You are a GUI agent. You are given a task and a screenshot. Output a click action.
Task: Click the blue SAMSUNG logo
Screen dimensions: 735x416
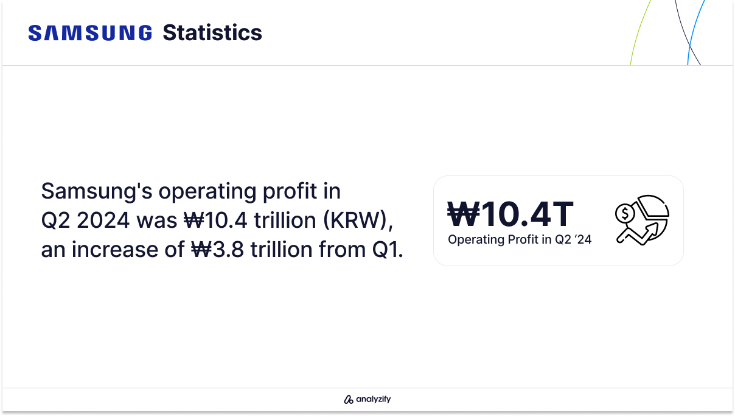(x=90, y=33)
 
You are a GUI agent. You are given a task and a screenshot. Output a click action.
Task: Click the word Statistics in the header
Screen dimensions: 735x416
(x=212, y=33)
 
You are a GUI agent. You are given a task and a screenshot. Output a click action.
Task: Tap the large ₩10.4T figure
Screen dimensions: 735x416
(x=510, y=214)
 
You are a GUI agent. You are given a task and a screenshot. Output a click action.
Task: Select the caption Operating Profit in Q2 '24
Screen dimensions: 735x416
(x=520, y=239)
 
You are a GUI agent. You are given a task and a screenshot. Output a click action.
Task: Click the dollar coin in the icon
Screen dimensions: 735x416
(x=625, y=214)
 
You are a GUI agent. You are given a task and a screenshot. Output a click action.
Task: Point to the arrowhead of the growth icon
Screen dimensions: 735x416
(x=653, y=230)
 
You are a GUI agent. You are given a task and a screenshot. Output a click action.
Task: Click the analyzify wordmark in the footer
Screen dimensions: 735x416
(x=374, y=399)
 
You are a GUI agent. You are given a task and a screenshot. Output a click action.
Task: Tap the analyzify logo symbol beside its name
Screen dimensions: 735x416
(x=349, y=400)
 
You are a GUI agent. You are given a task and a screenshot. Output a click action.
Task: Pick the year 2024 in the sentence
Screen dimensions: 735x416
(x=103, y=220)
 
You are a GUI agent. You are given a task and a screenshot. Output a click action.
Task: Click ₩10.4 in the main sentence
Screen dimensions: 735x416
(x=215, y=220)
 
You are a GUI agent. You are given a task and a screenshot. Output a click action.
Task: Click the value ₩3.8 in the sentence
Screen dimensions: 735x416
(x=218, y=250)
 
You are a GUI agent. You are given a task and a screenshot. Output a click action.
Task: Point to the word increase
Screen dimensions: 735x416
(x=114, y=250)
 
